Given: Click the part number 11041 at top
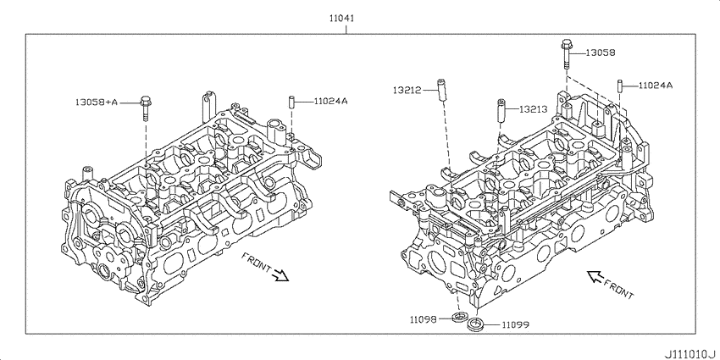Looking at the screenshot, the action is click(341, 19).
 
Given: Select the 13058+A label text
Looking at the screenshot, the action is click(97, 102).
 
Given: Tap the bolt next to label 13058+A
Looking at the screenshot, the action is click(146, 108).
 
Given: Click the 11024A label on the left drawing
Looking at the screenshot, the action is click(330, 101).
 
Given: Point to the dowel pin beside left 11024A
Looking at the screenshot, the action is click(291, 102).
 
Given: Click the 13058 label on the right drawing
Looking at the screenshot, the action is click(601, 53).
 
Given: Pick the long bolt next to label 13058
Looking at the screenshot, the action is click(566, 53).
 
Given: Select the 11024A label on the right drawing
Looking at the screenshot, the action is click(656, 85).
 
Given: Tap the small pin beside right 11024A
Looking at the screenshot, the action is click(619, 86).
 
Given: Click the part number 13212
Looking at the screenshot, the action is click(407, 90).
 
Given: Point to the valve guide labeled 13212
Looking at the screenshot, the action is click(441, 91).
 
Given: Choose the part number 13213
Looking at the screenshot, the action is click(533, 109).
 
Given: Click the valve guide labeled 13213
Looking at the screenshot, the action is click(502, 110).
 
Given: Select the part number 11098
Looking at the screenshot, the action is click(423, 318).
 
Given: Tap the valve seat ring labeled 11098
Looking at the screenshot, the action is click(459, 317).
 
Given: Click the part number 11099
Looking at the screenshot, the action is click(515, 325).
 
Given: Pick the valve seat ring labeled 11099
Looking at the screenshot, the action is click(475, 324).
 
